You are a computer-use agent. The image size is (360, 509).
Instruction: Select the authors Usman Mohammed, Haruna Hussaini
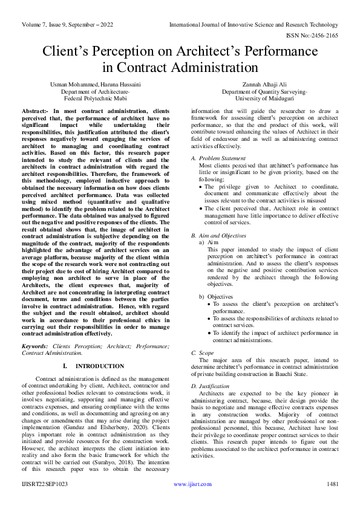(x=96, y=85)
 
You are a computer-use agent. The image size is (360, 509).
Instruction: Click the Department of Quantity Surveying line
(x=264, y=91)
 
